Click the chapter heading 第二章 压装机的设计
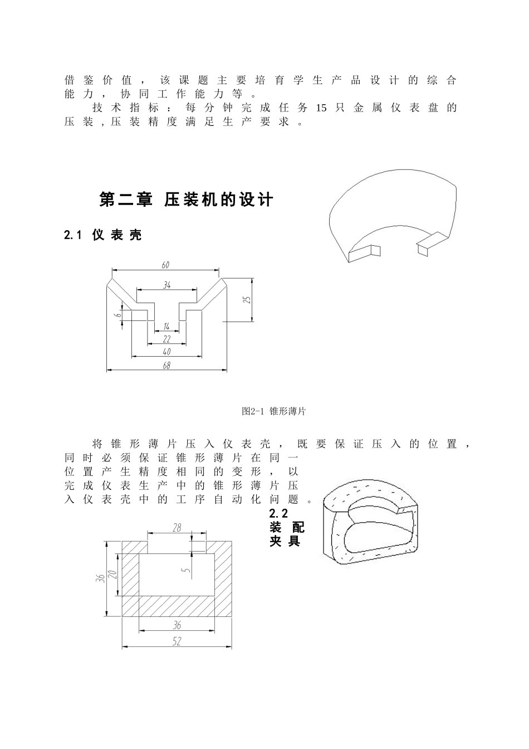(x=186, y=200)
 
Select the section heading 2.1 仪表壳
(x=103, y=235)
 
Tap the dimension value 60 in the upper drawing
(x=165, y=265)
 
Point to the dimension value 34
(x=167, y=285)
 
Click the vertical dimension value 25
(x=248, y=299)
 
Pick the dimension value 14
(x=166, y=326)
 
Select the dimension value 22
(x=166, y=339)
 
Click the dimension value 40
(x=166, y=352)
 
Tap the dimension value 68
(x=166, y=365)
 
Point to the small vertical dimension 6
(x=118, y=315)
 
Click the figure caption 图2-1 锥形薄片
(x=274, y=411)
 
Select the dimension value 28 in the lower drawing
(x=177, y=528)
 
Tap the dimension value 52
(x=177, y=641)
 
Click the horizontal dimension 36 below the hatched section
(x=177, y=625)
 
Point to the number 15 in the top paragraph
(x=321, y=108)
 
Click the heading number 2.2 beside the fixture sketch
(x=278, y=513)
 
